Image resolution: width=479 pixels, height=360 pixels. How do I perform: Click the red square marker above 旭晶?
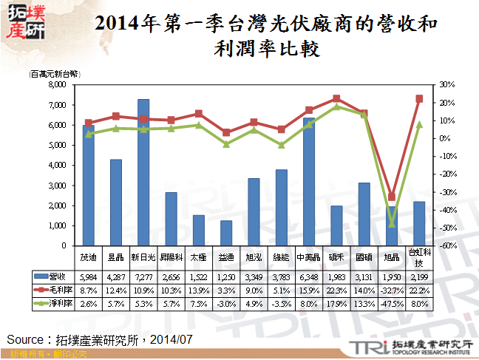coord(392,197)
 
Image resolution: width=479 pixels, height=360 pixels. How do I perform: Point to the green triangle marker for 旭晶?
coord(392,223)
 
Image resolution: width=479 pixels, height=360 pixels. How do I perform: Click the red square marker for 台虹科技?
coord(419,98)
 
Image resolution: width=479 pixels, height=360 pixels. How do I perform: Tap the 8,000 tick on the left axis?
coord(58,85)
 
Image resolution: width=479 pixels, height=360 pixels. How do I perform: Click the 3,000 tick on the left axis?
coord(58,186)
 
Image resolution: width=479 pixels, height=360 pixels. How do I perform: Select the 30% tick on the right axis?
coord(447,85)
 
